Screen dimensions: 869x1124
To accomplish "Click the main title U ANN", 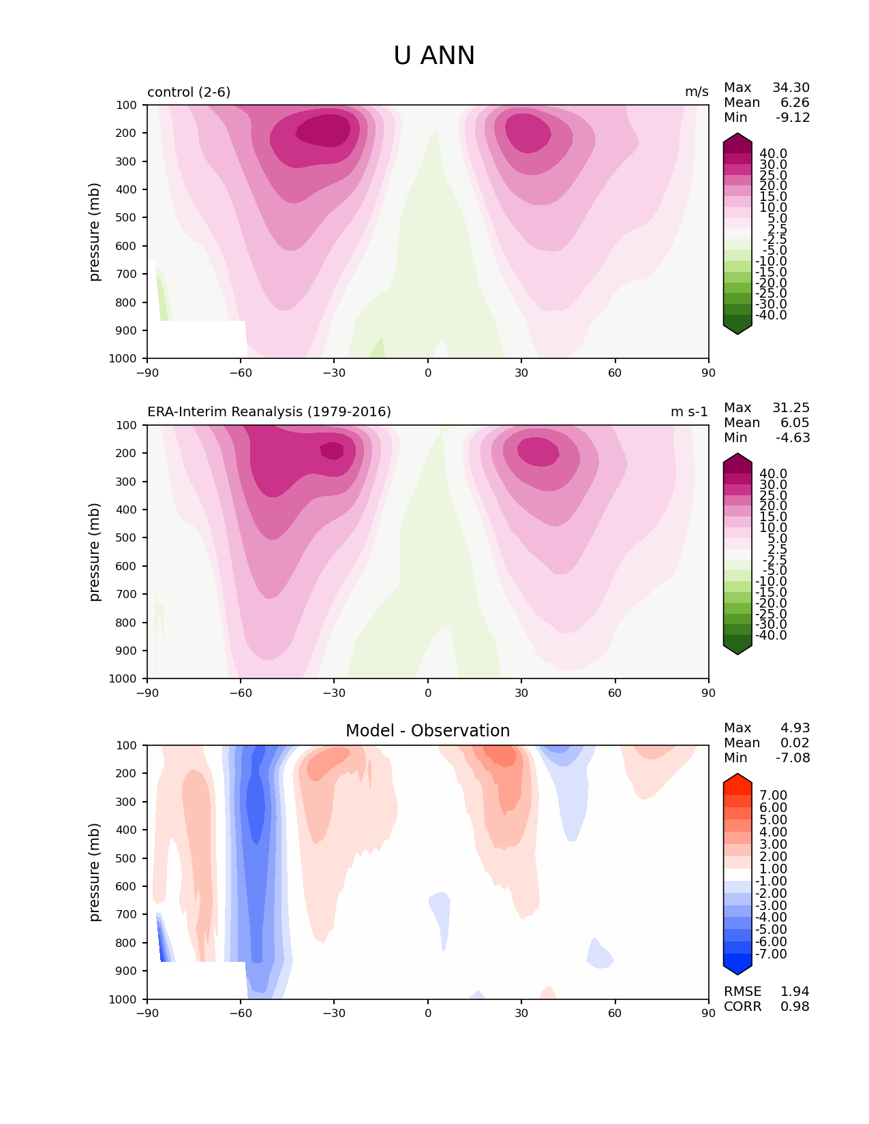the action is click(433, 55).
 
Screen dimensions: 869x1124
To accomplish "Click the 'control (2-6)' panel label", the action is click(189, 92).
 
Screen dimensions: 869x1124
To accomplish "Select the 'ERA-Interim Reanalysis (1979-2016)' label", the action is click(269, 411).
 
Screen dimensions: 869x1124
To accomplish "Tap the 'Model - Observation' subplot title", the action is click(427, 731).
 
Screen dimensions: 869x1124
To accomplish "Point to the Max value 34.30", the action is click(791, 87).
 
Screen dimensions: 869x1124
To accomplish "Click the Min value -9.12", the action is click(793, 117).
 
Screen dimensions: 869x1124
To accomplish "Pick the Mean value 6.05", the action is click(795, 422).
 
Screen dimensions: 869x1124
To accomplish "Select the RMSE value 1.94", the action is click(795, 991).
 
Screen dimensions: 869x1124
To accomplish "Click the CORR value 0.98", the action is click(795, 1006).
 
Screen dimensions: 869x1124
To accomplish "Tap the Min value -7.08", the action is click(793, 758).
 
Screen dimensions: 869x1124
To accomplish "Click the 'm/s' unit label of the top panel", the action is click(697, 92).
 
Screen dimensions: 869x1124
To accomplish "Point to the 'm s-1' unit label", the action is click(689, 411).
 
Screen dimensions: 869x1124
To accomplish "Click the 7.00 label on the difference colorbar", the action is click(774, 795).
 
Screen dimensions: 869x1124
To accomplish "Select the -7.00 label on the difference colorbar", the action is click(771, 954).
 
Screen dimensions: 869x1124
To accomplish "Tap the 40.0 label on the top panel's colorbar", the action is click(774, 154).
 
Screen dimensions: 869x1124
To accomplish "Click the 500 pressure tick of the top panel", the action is click(126, 217).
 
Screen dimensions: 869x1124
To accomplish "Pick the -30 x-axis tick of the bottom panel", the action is click(334, 1014).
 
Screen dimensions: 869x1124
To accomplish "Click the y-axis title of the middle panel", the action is click(93, 552).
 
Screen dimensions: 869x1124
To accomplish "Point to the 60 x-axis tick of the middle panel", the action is click(615, 693).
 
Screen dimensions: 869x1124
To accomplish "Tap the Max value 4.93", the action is click(795, 728).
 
